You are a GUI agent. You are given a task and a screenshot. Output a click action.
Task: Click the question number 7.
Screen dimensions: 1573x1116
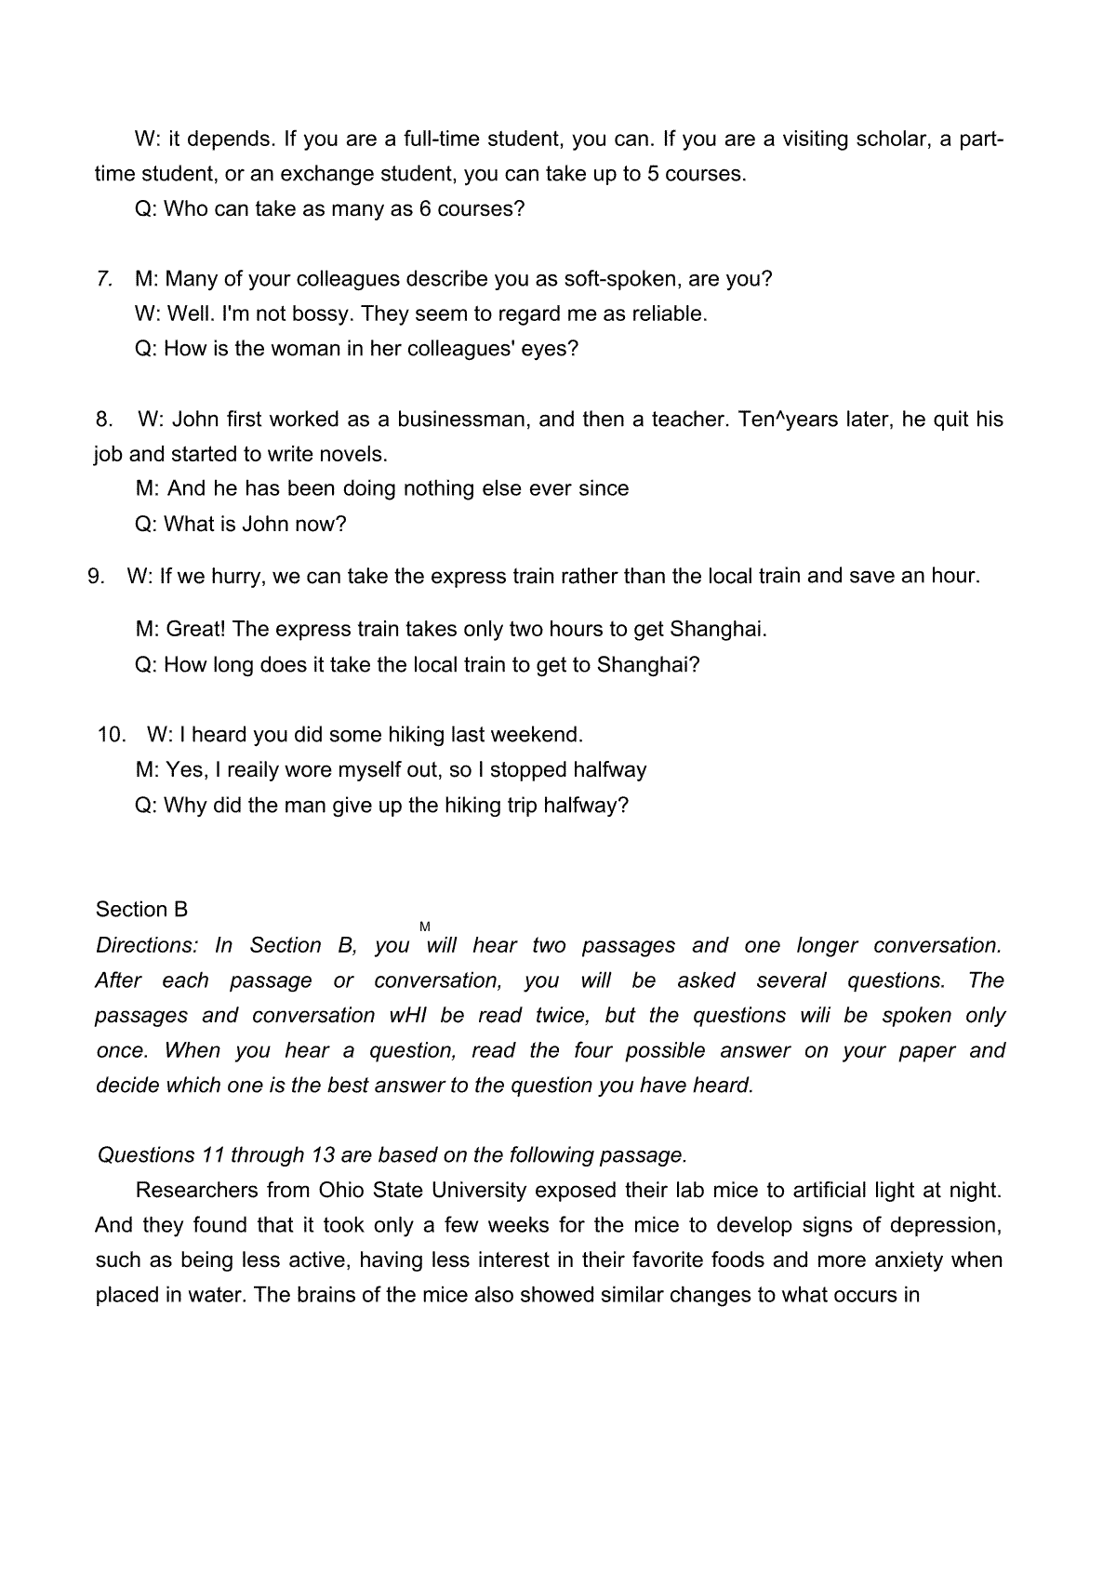point(105,279)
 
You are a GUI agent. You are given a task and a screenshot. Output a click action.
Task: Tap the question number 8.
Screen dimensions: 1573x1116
point(104,420)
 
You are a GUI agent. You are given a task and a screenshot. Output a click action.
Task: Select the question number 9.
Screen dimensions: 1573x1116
point(96,576)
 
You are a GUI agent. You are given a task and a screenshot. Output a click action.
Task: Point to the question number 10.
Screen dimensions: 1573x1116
point(112,735)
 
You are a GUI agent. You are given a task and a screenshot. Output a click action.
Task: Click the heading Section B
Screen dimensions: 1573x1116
point(141,910)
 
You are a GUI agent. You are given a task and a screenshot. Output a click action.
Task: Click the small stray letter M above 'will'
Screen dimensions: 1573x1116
point(425,926)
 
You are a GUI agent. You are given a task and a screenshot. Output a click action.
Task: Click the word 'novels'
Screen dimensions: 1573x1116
point(354,455)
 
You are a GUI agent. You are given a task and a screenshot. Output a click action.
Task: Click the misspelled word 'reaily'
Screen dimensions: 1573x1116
point(250,770)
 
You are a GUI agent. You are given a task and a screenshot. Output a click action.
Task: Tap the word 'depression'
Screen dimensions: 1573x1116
point(947,1226)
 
